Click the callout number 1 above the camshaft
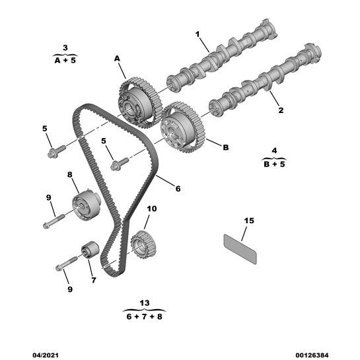pos(196,33)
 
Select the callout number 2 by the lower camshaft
pos(280,110)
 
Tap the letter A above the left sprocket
pos(118,59)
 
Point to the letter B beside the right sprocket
pos(225,147)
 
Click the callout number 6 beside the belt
pos(178,188)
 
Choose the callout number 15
pos(248,220)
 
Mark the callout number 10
pos(151,209)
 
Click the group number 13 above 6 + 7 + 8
pos(145,303)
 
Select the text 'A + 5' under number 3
pos(65,58)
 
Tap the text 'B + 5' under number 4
pos(274,164)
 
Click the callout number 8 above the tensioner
pos(69,174)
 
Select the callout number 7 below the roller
pos(93,280)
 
